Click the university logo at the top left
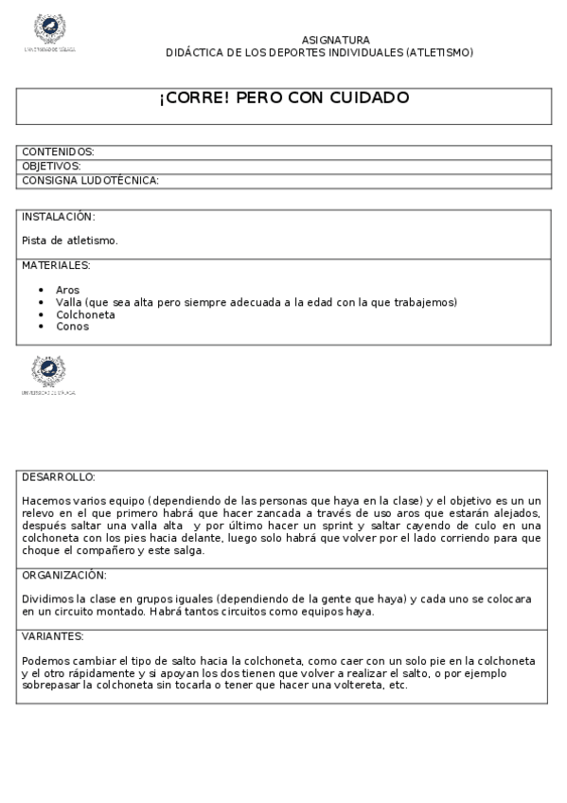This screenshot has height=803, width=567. tap(49, 32)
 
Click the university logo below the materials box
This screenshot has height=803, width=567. tap(48, 374)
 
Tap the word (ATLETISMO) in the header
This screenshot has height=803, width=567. tap(438, 52)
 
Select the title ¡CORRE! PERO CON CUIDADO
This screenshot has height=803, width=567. tap(284, 98)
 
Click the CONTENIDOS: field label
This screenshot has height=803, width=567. tap(58, 152)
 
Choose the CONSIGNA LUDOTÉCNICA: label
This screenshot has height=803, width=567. tap(90, 180)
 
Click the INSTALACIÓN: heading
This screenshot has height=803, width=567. tap(59, 217)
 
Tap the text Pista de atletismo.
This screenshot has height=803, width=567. tap(70, 241)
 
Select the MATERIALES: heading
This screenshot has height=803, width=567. tap(56, 265)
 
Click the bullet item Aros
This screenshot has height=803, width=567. tap(67, 290)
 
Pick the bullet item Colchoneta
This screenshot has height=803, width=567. tap(85, 314)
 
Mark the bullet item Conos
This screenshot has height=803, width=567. tap(72, 327)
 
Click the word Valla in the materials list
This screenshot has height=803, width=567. tap(68, 302)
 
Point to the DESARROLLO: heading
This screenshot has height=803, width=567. tap(58, 476)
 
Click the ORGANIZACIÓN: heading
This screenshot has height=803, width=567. tap(64, 575)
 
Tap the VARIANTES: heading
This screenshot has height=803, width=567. tap(53, 636)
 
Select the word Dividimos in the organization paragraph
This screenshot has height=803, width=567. tap(44, 599)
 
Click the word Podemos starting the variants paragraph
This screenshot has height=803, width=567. tap(44, 660)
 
